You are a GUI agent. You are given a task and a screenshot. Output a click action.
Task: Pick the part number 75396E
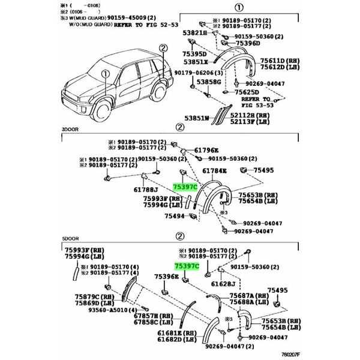[x=166, y=277]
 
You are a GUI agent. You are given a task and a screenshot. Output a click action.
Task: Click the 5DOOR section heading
[x=71, y=238]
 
